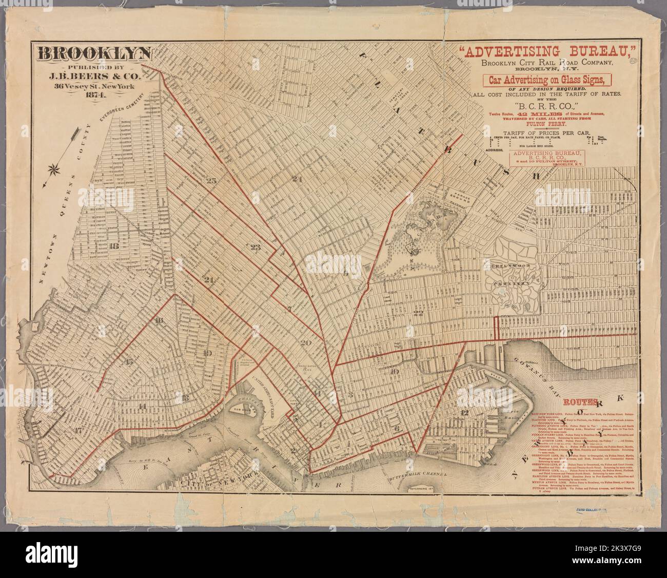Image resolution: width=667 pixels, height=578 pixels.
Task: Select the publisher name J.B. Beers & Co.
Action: [93, 75]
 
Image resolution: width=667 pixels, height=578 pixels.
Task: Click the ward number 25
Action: [210, 180]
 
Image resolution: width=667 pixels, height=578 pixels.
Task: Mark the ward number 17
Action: [78, 430]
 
